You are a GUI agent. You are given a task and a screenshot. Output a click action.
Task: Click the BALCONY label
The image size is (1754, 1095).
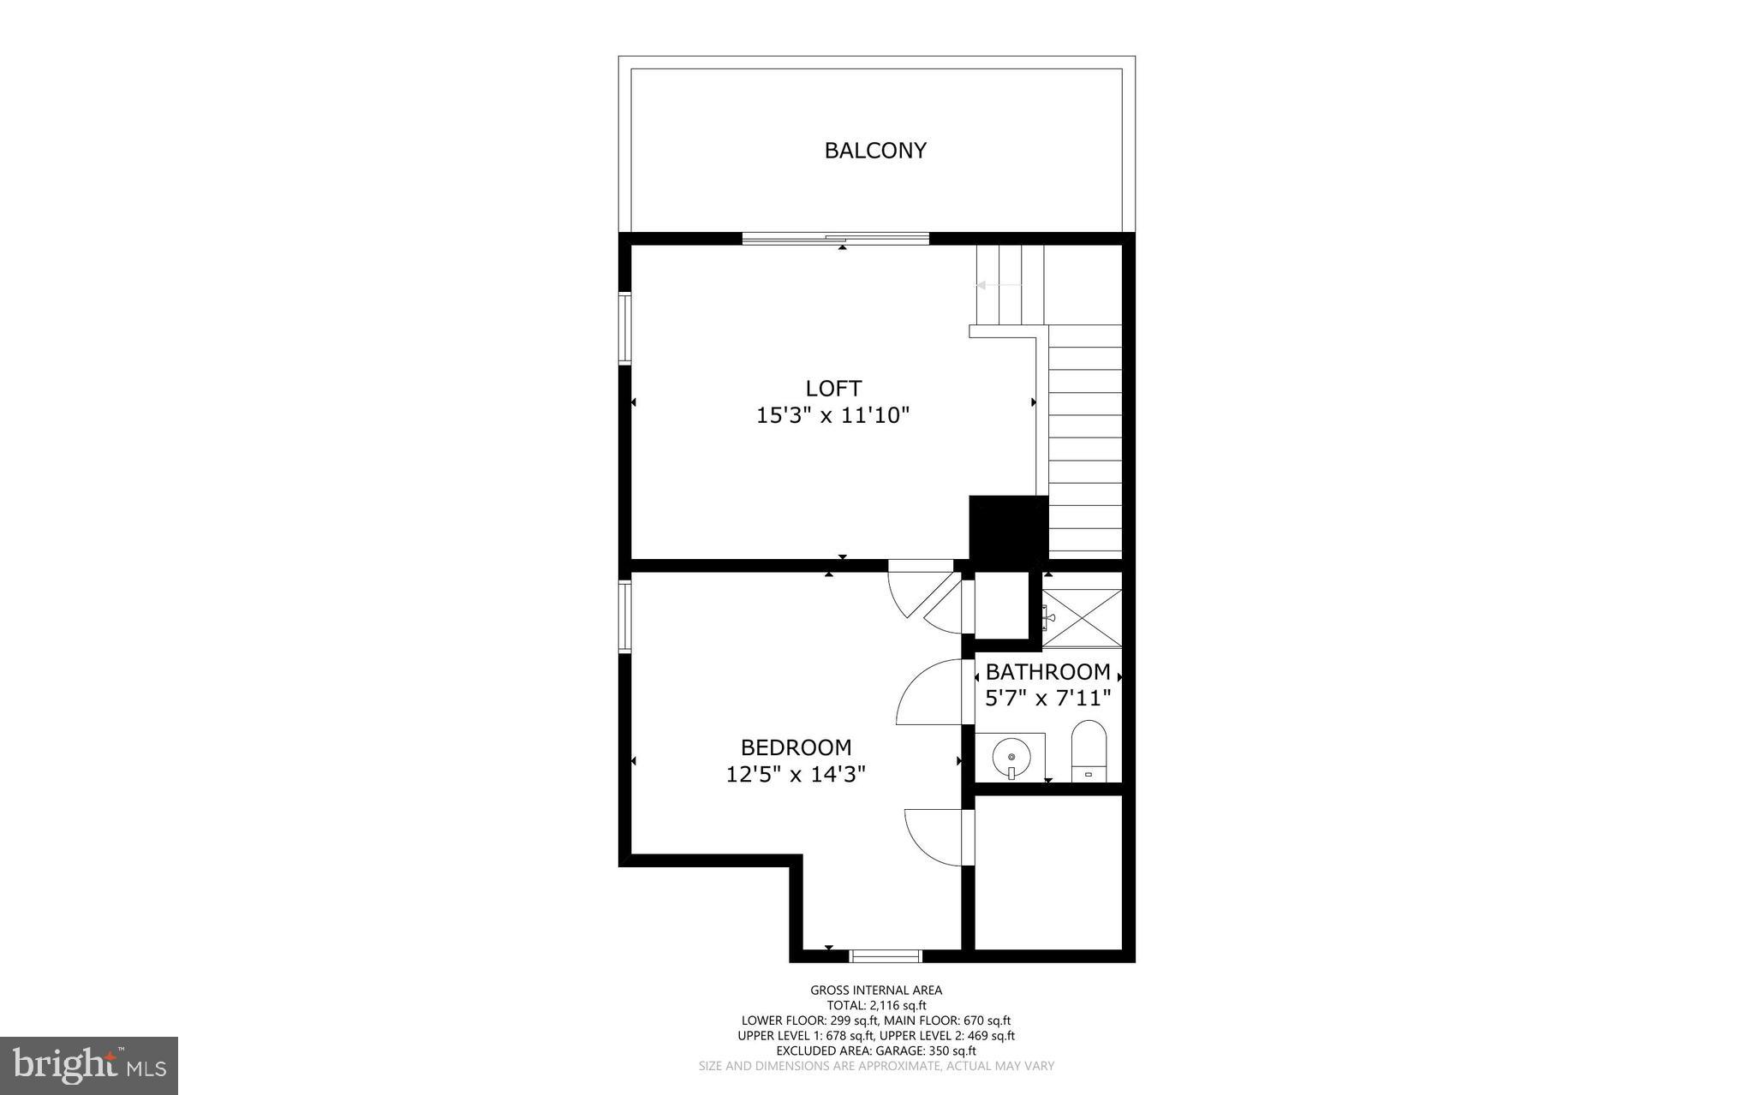coord(874,151)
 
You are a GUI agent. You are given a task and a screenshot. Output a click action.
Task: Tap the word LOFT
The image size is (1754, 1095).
coord(832,388)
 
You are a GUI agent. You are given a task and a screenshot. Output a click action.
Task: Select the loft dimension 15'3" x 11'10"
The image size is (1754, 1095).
coord(832,416)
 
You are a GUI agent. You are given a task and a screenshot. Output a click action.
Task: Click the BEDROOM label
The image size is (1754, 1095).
coord(796,747)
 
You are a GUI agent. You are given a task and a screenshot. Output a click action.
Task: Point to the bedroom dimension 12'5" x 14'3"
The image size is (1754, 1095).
coord(796,775)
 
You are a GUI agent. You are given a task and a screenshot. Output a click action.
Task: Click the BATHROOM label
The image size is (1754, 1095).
coord(1047,672)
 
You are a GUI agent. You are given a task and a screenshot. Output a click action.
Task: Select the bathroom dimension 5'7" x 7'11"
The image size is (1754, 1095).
coord(1047,699)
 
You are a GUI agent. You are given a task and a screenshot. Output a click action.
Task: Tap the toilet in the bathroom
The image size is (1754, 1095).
coord(1089,750)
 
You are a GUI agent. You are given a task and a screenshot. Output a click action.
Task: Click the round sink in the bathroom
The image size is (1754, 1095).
coord(1011,757)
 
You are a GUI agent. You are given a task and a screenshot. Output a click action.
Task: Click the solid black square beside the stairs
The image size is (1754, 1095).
coord(1008,528)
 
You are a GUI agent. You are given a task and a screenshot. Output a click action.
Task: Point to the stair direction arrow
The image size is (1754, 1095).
coord(993,285)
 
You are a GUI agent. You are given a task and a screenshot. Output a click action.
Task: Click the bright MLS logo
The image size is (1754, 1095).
coord(89,1065)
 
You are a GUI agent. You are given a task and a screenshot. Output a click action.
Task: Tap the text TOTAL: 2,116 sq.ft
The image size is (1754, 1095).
coord(876,1005)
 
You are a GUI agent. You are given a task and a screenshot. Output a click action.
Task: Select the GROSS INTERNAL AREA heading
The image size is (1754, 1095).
coord(876,991)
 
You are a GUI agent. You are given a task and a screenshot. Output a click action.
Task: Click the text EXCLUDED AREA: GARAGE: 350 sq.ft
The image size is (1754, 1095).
coord(876,1050)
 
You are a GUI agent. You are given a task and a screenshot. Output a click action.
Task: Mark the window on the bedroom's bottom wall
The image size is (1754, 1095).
coord(886,955)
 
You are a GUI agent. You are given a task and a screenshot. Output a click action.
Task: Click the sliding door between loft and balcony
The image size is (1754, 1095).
coord(835,239)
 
